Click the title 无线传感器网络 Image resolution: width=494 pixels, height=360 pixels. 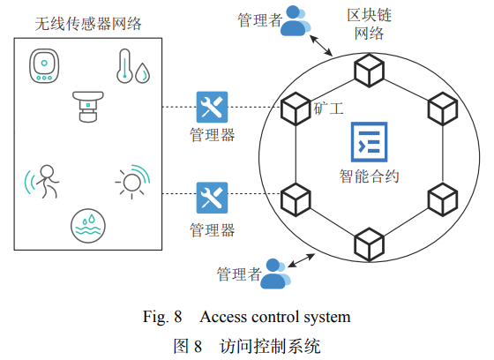[88, 22]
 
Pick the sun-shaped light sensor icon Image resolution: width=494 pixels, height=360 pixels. [132, 180]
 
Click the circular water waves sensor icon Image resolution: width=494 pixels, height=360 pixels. [88, 225]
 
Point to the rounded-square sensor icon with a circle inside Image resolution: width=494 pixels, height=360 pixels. [44, 66]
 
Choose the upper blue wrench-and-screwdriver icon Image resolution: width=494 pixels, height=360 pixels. [213, 108]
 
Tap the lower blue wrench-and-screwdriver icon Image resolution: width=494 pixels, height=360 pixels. [213, 197]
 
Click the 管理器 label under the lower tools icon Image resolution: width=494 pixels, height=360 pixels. [213, 230]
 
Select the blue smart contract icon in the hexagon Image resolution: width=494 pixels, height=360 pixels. [369, 141]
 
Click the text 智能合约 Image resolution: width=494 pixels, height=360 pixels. [370, 176]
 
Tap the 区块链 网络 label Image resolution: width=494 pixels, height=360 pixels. [369, 25]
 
